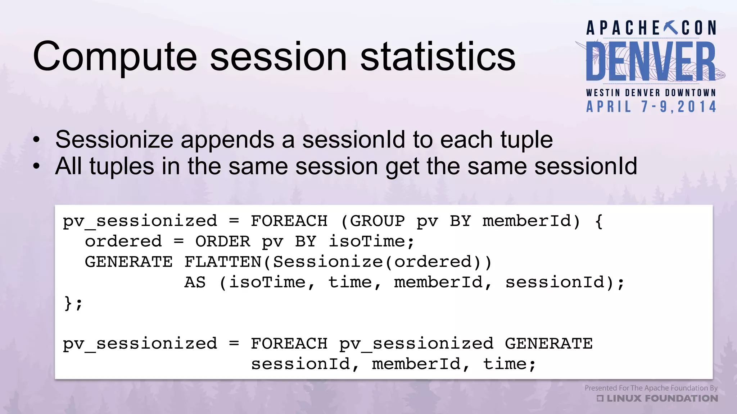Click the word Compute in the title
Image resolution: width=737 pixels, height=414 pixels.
click(x=114, y=57)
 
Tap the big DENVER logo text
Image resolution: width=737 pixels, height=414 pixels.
click(x=651, y=61)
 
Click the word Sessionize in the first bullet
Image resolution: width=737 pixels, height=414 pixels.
click(x=114, y=140)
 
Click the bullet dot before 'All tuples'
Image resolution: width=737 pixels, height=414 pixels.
click(x=36, y=166)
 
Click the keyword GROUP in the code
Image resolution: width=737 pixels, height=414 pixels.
click(x=377, y=221)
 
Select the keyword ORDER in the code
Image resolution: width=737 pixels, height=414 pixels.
click(x=222, y=241)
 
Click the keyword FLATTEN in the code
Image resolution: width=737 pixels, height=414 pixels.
click(x=223, y=262)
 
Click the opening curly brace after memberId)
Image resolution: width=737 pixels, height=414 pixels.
click(x=599, y=221)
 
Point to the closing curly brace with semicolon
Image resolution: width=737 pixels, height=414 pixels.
click(x=73, y=303)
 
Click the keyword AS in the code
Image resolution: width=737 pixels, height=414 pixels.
click(x=195, y=282)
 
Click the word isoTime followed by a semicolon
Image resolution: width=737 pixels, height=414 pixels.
click(x=371, y=241)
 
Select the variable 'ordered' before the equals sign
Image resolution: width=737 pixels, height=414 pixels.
click(x=123, y=241)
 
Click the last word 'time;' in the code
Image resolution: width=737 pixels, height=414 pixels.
click(x=509, y=364)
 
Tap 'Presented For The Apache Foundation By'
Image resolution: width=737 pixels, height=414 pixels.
click(x=651, y=388)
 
